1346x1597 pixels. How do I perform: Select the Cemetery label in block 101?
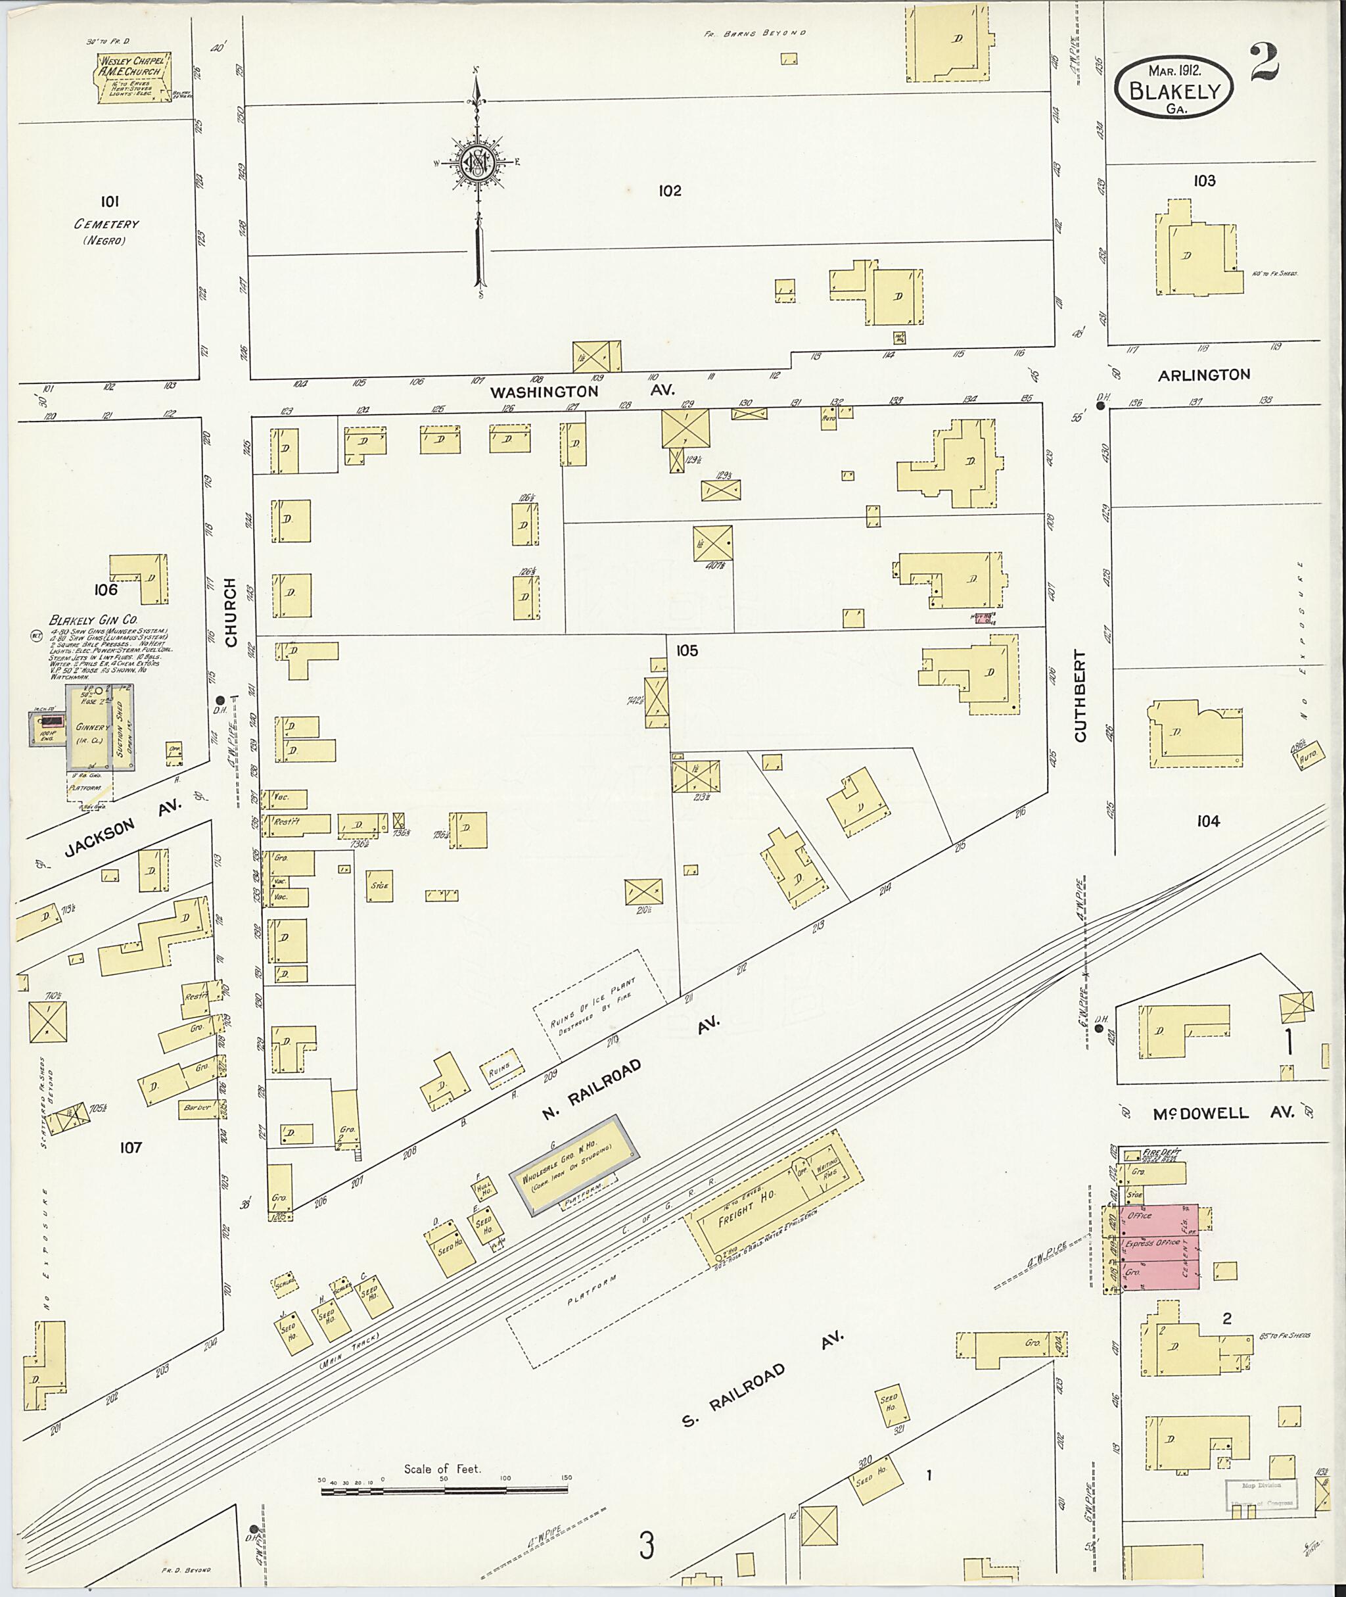[x=107, y=224]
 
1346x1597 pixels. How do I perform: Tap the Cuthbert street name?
[x=1080, y=696]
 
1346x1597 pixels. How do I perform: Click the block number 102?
[x=669, y=191]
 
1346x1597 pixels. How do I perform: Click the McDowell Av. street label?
[x=1222, y=1113]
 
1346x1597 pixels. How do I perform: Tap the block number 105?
[x=687, y=650]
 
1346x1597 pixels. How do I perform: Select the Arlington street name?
[x=1203, y=375]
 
